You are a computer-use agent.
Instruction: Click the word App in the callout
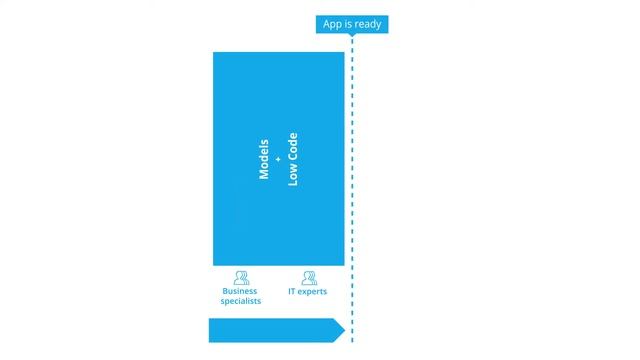point(333,24)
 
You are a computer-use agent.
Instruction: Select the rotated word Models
point(265,157)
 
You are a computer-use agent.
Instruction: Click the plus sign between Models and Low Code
point(279,159)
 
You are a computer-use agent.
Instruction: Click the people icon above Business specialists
point(241,278)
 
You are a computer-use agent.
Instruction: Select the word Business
point(241,292)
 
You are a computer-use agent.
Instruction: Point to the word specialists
point(241,301)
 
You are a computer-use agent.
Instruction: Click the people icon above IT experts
point(307,278)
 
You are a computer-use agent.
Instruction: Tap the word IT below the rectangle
point(292,292)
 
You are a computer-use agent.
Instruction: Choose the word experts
point(312,292)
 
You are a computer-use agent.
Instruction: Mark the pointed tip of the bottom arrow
point(343,330)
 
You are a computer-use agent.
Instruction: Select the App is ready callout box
point(351,24)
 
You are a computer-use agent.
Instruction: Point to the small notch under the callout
point(352,37)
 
